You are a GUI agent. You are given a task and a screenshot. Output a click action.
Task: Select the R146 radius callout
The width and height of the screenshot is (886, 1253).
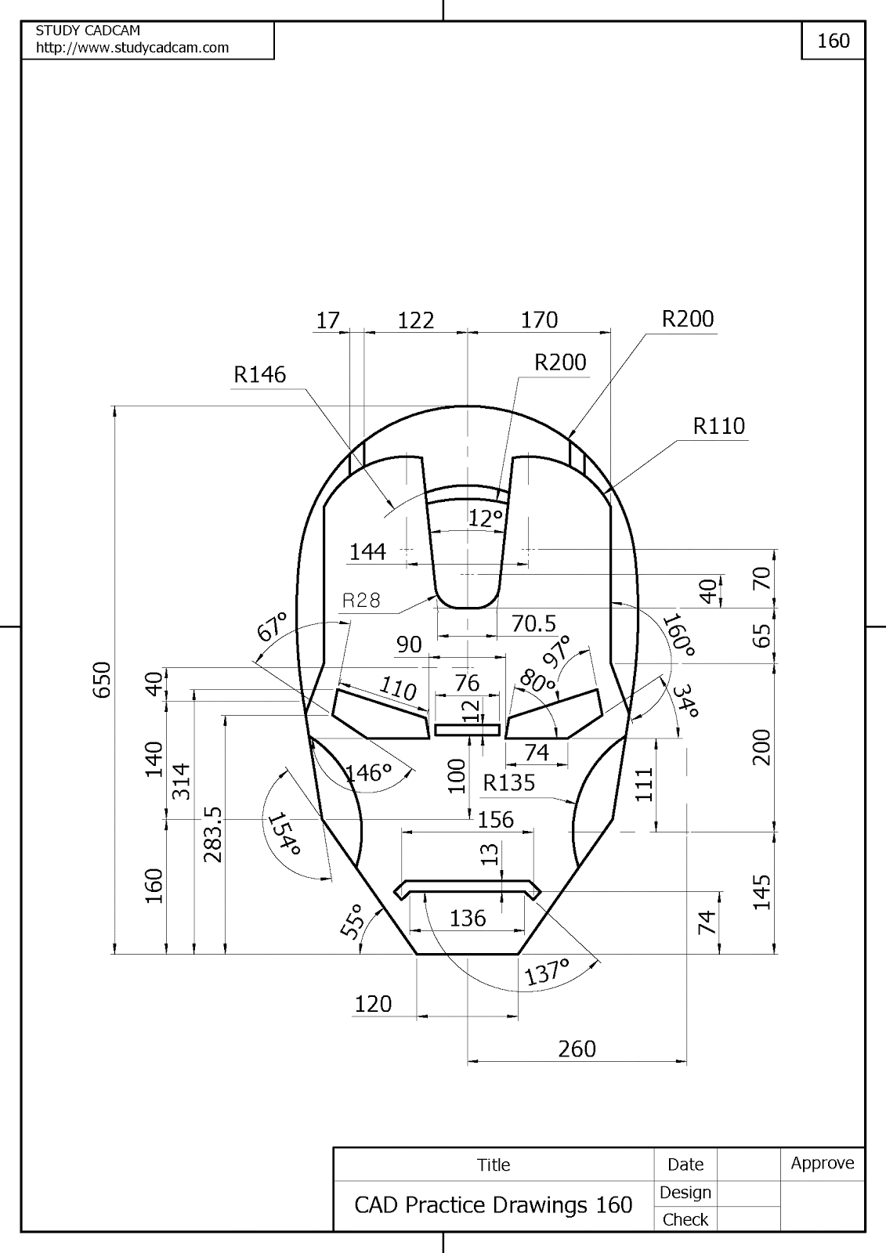(x=260, y=375)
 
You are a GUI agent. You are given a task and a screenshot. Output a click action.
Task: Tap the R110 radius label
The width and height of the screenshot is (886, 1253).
(x=718, y=427)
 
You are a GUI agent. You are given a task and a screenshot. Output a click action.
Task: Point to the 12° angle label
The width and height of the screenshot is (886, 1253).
(x=485, y=518)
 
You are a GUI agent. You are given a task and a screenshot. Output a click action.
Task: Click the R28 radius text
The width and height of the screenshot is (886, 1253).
(x=361, y=601)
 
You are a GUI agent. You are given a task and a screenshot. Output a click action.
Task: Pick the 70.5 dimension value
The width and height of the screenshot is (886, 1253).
(x=533, y=624)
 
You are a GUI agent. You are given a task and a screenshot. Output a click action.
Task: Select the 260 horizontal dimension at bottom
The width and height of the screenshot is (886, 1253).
(x=577, y=1049)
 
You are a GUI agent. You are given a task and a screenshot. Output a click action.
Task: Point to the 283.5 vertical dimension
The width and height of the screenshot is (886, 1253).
(x=213, y=835)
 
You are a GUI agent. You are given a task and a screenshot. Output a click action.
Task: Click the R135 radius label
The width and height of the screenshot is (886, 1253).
(x=509, y=782)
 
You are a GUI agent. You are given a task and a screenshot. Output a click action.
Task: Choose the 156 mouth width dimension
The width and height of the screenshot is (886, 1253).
(x=495, y=820)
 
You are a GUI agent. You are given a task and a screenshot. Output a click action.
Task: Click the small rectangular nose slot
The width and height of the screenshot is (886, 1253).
(x=467, y=730)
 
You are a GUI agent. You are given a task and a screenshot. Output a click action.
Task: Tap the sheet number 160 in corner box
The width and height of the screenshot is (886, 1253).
(x=833, y=41)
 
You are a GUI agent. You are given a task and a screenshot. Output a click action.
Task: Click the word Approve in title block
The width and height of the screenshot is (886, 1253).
(x=822, y=1163)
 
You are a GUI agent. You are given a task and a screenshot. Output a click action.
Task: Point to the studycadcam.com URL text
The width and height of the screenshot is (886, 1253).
(x=132, y=48)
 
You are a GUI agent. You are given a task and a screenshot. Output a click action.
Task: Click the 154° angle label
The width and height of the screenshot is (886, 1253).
(x=284, y=836)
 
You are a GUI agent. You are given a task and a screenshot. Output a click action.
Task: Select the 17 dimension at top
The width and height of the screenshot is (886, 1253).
(x=327, y=320)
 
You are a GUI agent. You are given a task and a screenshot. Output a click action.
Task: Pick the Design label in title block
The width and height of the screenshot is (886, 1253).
(x=685, y=1192)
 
